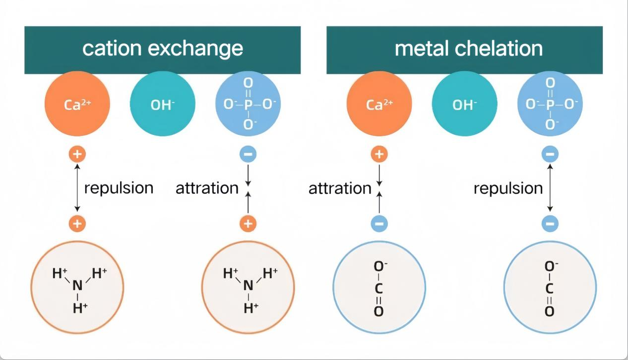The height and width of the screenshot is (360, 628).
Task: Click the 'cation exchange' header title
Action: (x=162, y=49)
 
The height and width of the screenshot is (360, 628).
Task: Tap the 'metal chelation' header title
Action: (x=468, y=49)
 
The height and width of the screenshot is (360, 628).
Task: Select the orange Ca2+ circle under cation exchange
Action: (x=76, y=105)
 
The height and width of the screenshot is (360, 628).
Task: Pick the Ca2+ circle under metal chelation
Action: (x=379, y=105)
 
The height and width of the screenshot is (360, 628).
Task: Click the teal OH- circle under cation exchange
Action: (x=162, y=105)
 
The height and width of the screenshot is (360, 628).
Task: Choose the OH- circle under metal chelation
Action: (x=464, y=105)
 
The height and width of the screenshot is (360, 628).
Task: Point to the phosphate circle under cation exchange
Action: (x=249, y=105)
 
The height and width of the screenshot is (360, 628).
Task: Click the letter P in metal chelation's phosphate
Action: (x=550, y=104)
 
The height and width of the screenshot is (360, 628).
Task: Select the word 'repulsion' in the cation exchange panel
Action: (x=119, y=188)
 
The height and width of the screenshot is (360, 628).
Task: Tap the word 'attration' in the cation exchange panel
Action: (x=207, y=188)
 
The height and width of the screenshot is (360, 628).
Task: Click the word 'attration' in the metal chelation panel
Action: (x=340, y=188)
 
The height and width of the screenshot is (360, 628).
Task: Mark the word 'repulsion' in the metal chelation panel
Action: (x=508, y=188)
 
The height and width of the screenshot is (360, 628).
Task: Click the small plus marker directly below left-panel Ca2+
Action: (x=76, y=154)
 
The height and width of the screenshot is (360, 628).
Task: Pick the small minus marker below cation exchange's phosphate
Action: (x=249, y=154)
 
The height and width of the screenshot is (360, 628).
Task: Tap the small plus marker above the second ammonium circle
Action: (x=249, y=224)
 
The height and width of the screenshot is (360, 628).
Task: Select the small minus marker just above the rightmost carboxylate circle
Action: (x=550, y=224)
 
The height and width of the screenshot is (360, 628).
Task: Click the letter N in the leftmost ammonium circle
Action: (x=77, y=286)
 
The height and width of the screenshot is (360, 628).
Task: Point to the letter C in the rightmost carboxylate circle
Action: (x=550, y=289)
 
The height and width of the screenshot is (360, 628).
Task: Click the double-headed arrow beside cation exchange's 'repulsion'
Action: (x=76, y=189)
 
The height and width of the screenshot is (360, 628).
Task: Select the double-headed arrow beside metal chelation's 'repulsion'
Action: (x=550, y=189)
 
